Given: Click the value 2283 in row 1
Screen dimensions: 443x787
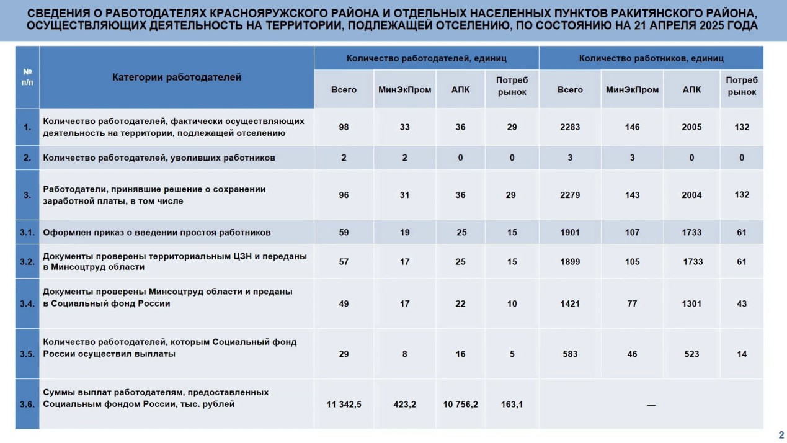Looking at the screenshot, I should tap(570, 127).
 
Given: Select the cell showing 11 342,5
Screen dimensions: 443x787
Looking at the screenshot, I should tap(344, 405).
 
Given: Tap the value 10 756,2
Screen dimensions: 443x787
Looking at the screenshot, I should tap(460, 405).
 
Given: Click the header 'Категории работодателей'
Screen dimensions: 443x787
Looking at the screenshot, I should tap(177, 78).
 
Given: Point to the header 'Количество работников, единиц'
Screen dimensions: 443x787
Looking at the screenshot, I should tap(651, 58).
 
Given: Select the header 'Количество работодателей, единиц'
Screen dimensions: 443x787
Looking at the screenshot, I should tap(426, 58).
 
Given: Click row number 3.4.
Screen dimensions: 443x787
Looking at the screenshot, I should tap(27, 304).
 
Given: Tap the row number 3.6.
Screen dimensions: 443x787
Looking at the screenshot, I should tap(27, 405).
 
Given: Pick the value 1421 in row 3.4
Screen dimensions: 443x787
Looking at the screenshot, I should tap(570, 304).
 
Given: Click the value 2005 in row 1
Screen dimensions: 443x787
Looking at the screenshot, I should tap(691, 127).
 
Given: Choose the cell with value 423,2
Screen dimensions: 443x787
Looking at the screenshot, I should tap(404, 405).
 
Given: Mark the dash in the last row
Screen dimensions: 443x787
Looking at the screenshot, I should tap(651, 405).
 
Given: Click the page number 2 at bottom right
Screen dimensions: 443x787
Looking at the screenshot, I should tap(781, 434).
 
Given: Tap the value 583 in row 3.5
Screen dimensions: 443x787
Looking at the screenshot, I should tap(570, 354).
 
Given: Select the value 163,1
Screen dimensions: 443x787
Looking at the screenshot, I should tap(512, 405).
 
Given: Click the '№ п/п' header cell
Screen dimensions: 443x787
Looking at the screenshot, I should tap(27, 78).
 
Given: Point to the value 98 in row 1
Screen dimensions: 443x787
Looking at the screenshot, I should tap(344, 127).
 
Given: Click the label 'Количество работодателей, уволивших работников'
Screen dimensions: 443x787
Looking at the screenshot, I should tap(159, 158).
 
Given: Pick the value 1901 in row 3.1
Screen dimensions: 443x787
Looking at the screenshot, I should tap(570, 233).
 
